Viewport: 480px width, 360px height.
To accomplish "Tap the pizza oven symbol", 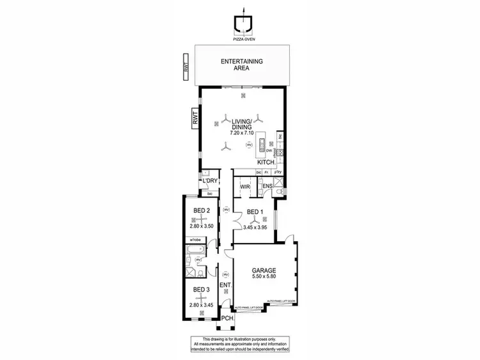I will pyautogui.click(x=243, y=24).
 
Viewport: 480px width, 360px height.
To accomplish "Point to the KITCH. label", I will pyautogui.click(x=266, y=162).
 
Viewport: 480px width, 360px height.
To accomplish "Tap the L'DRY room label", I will pyautogui.click(x=210, y=181).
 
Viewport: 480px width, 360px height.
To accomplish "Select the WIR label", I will pyautogui.click(x=244, y=187).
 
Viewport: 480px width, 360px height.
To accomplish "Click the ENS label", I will pyautogui.click(x=268, y=187).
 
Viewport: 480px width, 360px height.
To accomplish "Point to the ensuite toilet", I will pyautogui.click(x=282, y=190).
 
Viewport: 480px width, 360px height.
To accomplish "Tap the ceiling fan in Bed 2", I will pyautogui.click(x=202, y=219).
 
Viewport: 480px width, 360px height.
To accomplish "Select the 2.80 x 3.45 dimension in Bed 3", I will pyautogui.click(x=202, y=305).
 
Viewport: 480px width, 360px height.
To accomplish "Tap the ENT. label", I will pyautogui.click(x=225, y=285).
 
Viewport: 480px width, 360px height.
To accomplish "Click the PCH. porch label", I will pyautogui.click(x=227, y=318).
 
